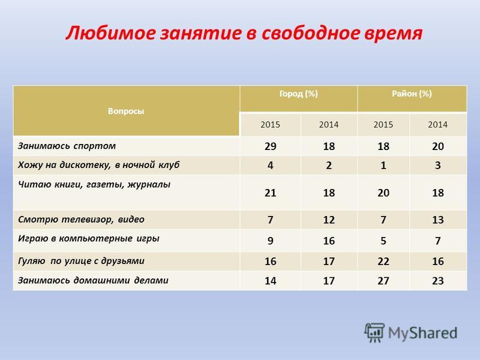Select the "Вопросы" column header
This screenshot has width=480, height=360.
tap(126, 111)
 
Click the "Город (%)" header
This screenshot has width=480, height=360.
tap(298, 94)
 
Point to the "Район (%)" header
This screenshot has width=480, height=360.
tap(412, 94)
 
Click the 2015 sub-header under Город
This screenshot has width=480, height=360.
tap(271, 125)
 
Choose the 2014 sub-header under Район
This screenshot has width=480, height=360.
tap(438, 125)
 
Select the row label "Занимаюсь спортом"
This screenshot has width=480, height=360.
tap(67, 146)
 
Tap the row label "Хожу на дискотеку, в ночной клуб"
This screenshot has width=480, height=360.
tap(98, 166)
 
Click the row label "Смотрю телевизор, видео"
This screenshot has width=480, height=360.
tap(81, 220)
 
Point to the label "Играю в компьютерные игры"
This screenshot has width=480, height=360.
tap(89, 238)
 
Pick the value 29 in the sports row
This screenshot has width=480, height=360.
tap(271, 146)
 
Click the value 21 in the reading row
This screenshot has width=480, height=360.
tap(271, 193)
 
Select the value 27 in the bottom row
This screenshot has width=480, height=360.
tap(383, 281)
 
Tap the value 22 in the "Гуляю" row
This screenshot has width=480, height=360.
tap(383, 262)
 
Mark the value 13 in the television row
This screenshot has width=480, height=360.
tap(438, 220)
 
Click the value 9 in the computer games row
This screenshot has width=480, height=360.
tap(271, 241)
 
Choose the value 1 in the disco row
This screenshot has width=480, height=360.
tap(383, 166)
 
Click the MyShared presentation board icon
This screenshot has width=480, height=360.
tap(374, 332)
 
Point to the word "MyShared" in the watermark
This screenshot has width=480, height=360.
tap(423, 333)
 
